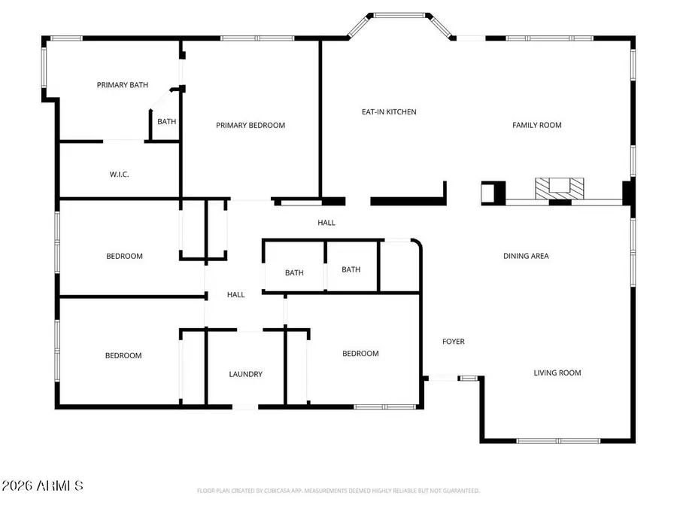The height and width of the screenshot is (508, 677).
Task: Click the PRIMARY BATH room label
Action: (123, 85)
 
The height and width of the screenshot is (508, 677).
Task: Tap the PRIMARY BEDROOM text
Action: (250, 125)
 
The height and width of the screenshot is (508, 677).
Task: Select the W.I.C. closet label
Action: (120, 175)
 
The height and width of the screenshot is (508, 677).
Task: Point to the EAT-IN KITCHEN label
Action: (389, 112)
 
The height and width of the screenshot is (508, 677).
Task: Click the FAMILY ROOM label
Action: (537, 125)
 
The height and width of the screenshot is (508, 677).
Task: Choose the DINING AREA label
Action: (526, 256)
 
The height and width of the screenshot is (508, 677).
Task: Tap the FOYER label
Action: (453, 342)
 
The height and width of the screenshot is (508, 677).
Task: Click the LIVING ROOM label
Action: (557, 373)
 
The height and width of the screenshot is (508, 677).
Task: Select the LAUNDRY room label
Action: (246, 374)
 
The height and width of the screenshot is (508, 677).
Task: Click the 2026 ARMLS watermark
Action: (42, 486)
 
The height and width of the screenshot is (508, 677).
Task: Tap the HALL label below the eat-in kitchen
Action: (326, 223)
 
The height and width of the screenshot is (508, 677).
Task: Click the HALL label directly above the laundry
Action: (236, 295)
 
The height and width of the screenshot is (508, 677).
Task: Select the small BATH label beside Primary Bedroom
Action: (166, 122)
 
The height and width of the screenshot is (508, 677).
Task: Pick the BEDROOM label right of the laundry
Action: (360, 354)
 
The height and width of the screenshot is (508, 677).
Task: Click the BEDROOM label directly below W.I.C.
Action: (124, 256)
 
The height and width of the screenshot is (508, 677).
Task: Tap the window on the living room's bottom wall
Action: (558, 440)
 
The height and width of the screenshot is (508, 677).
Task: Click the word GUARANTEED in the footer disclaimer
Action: (460, 491)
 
